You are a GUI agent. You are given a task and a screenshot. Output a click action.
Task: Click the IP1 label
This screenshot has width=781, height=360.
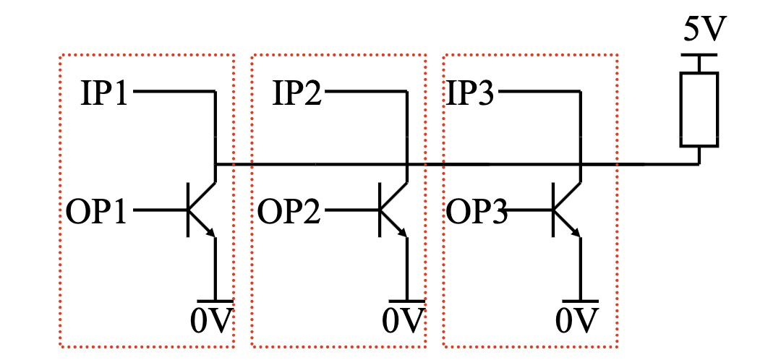[x=104, y=94]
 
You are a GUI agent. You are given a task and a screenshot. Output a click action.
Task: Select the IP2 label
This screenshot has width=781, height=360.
[x=297, y=94]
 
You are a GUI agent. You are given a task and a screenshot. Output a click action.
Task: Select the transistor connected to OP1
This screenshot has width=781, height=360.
[x=200, y=210]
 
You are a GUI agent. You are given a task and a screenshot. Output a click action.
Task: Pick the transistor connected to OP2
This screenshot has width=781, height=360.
[x=392, y=210]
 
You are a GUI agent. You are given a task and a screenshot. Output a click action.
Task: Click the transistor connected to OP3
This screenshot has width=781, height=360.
[x=566, y=210]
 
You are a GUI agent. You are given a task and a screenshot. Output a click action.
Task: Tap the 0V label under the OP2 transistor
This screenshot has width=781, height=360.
[x=403, y=320]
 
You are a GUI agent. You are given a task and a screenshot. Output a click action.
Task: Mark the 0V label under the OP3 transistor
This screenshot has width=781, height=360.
[x=578, y=320]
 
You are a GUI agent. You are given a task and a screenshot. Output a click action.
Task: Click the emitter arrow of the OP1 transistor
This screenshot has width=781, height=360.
[x=210, y=230]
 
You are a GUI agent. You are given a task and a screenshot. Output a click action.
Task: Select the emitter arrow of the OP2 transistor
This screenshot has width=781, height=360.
[x=403, y=230]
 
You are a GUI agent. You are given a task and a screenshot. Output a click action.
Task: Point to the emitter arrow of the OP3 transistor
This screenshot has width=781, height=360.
[x=576, y=230]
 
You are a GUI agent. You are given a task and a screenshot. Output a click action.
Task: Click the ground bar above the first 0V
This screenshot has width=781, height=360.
[x=215, y=300]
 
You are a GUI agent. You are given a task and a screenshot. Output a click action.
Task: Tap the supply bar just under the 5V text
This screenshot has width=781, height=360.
[x=699, y=55]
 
